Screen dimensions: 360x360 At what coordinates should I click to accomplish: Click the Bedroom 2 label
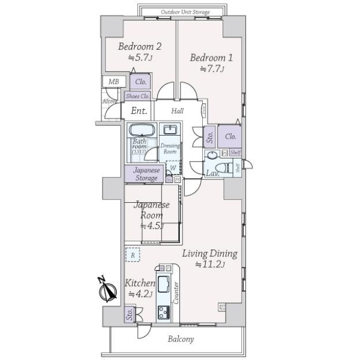point(139,47)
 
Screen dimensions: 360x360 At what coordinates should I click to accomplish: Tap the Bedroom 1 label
point(211,58)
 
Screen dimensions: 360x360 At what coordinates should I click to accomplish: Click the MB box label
point(113,82)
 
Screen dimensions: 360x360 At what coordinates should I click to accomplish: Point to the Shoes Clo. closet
point(137,96)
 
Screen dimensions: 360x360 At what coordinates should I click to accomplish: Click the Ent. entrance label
point(139,111)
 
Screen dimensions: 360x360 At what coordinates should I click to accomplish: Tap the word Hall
point(178,111)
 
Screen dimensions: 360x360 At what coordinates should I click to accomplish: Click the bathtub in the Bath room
point(142,130)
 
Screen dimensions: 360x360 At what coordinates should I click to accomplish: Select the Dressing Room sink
point(171,131)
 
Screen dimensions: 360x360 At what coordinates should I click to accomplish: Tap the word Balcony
point(180,340)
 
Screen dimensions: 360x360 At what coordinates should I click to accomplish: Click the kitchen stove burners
point(164,312)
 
